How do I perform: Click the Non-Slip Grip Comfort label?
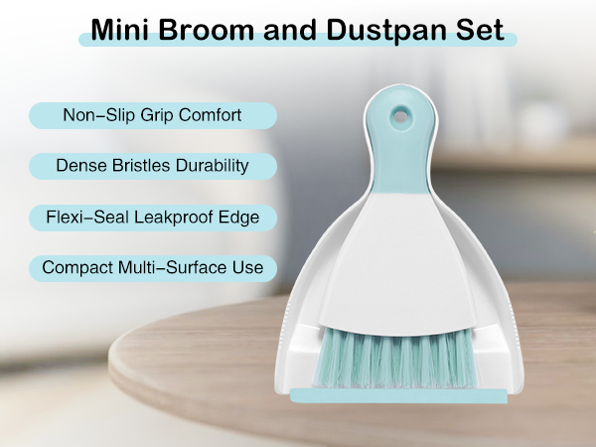pos(152,115)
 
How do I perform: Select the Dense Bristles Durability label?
pos(153,165)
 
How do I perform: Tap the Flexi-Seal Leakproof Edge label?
pos(153,216)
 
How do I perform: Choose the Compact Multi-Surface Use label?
pos(152,267)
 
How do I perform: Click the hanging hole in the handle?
pos(399,115)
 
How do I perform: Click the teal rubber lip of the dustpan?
pos(397,396)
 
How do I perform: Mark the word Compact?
pos(76,267)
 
